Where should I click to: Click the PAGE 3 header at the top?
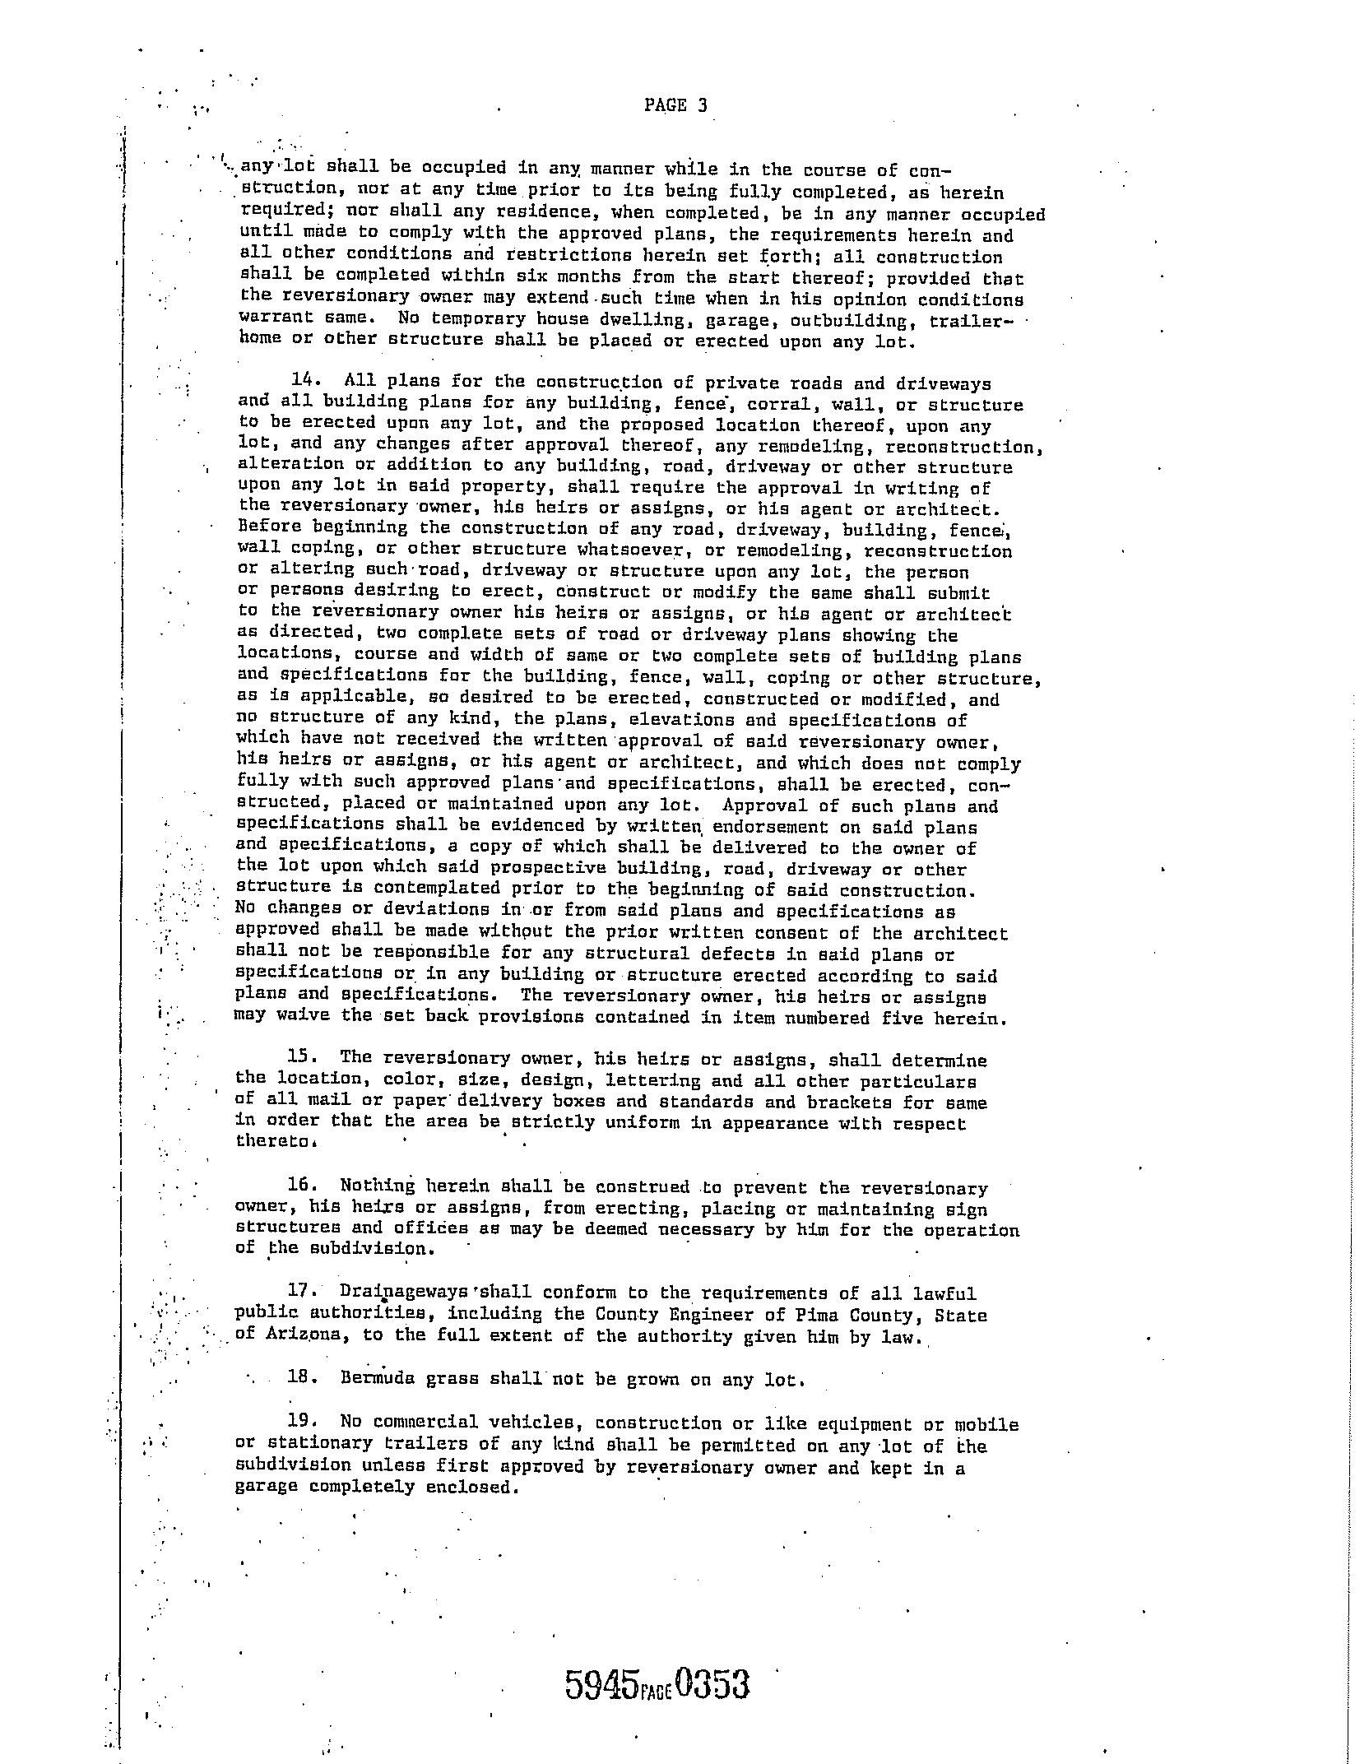click(675, 105)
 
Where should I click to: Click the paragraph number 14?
click(305, 380)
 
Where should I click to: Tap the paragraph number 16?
click(302, 1186)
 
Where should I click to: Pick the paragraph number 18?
click(302, 1378)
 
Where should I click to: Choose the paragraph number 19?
click(302, 1422)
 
